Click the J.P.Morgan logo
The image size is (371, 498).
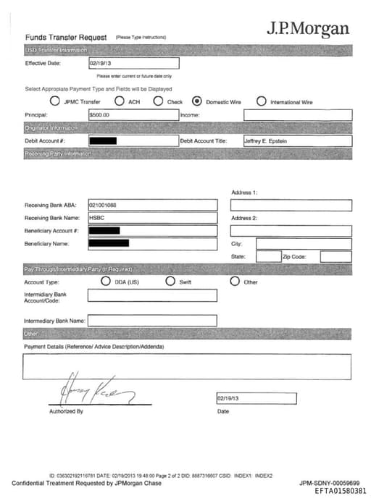tap(308, 29)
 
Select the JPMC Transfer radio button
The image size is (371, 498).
tap(54, 101)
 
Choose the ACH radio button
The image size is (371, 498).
tap(120, 101)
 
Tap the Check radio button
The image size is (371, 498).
tap(158, 101)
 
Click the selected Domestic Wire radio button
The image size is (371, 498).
tap(196, 101)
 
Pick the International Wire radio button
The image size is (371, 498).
tap(262, 101)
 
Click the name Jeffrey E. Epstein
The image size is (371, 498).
tap(266, 141)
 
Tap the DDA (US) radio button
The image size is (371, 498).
tap(106, 282)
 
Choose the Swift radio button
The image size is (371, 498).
tap(170, 282)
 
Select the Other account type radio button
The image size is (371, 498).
tap(235, 282)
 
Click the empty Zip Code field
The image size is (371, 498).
tap(335, 256)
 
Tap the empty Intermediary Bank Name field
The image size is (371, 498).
tap(152, 321)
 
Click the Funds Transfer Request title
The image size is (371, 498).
tap(66, 37)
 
